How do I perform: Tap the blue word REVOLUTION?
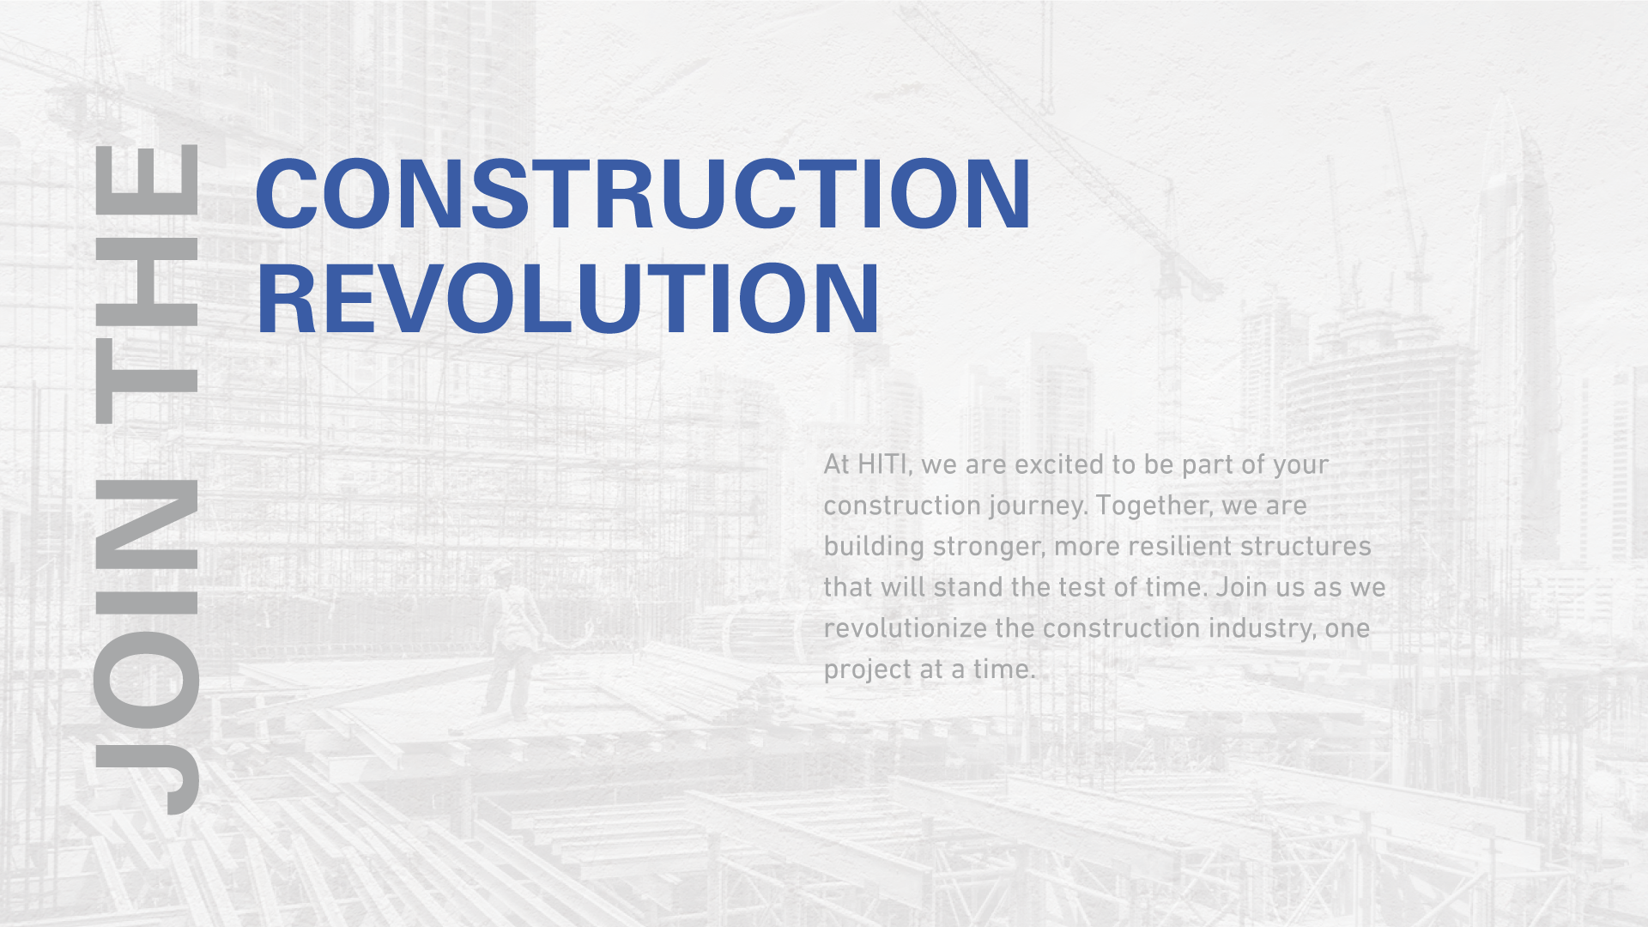(568, 299)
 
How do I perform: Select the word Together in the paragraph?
(1155, 506)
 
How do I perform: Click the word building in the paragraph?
(874, 547)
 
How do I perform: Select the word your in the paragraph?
(1300, 466)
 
